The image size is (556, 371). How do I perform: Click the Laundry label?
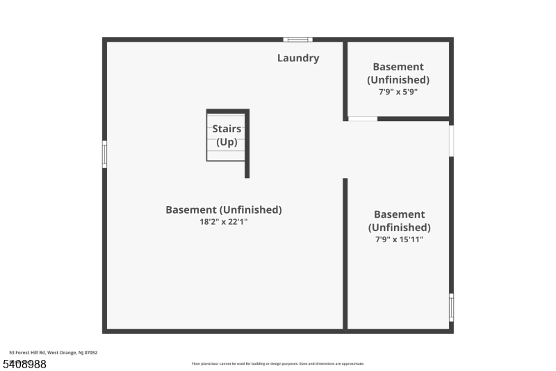click(x=298, y=58)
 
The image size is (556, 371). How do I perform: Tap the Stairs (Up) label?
click(x=227, y=136)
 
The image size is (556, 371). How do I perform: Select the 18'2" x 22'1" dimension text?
click(x=223, y=222)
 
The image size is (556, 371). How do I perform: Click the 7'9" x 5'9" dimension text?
click(x=398, y=91)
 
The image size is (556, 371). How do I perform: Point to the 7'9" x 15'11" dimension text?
click(x=399, y=239)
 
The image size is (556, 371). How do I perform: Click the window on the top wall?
click(x=297, y=40)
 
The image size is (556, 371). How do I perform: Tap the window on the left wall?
click(x=105, y=154)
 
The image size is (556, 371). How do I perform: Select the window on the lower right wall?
click(x=451, y=307)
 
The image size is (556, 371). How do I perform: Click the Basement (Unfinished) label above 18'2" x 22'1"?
click(x=223, y=210)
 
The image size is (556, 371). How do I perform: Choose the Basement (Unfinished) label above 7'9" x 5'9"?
click(x=398, y=73)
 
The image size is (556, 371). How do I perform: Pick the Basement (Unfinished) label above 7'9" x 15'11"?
click(x=399, y=221)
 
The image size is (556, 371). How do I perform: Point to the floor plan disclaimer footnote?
click(x=277, y=363)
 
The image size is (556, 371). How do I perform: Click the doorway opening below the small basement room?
click(x=363, y=119)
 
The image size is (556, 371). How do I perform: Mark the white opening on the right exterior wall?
click(x=451, y=141)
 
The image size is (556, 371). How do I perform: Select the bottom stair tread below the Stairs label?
click(x=225, y=156)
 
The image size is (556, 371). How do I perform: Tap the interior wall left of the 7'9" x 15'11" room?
click(x=345, y=253)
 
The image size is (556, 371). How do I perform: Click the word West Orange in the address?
click(x=68, y=353)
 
